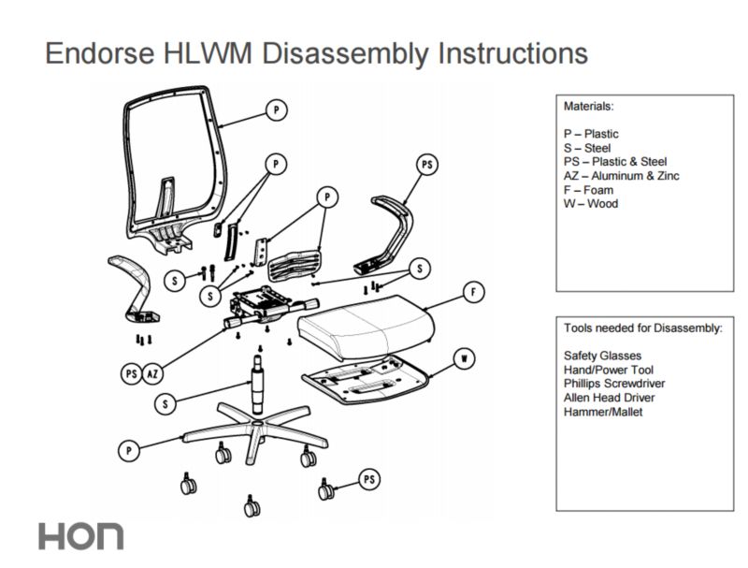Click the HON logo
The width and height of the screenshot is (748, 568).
pos(80,536)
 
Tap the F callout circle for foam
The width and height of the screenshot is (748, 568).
pos(474,293)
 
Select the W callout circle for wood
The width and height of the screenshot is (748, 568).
pos(461,357)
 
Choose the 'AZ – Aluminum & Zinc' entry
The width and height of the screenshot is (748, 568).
pos(622,176)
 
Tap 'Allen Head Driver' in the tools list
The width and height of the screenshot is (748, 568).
pos(609,397)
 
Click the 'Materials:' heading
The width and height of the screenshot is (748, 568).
pos(589,107)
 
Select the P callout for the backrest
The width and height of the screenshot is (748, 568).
pos(275,111)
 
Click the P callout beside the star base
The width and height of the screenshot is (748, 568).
pos(130,450)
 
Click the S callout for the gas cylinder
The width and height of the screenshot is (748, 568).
pos(165,404)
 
